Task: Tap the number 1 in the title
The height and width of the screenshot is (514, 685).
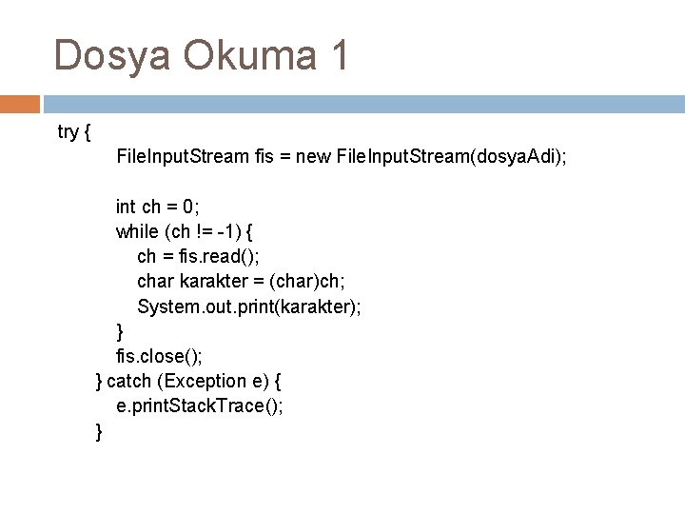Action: click(x=338, y=55)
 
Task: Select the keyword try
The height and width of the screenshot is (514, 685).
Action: click(x=68, y=132)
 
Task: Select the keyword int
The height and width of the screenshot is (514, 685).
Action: click(x=126, y=206)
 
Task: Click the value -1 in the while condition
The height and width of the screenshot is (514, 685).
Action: click(x=227, y=231)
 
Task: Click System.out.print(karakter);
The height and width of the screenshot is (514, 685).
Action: click(x=249, y=307)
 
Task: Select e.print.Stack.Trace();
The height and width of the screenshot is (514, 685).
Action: click(x=200, y=406)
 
